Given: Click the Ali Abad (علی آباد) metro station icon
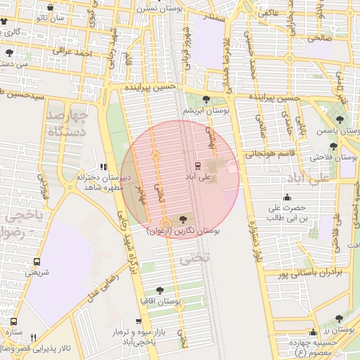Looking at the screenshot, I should coord(198,166).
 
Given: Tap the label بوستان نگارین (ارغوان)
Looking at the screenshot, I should coord(184,230).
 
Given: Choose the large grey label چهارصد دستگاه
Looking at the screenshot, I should coord(70,122).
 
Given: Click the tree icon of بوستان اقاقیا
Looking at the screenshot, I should coord(160,290).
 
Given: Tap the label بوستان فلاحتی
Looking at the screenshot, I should coord(334,159).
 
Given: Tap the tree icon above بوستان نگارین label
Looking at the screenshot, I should coord(184,219).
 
